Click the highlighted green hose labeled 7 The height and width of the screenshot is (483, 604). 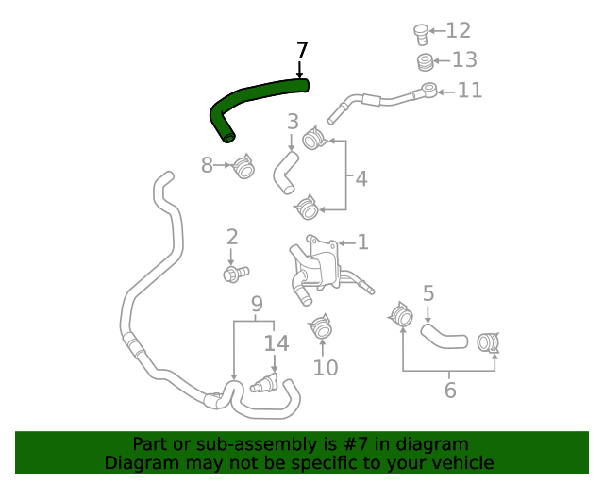[255, 95]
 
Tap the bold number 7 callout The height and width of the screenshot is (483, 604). [301, 50]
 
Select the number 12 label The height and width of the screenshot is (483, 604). [458, 31]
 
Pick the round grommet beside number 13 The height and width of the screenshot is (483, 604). [427, 63]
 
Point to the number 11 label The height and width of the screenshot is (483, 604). [470, 91]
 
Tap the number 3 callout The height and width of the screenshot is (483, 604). [294, 122]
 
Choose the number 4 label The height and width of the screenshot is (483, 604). [361, 178]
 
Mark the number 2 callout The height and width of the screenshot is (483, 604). [231, 238]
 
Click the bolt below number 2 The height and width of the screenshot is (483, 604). [234, 274]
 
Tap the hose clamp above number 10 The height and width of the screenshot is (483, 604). [321, 327]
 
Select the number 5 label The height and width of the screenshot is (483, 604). [428, 293]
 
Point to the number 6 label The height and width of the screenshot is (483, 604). [450, 390]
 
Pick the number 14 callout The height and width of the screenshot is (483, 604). [276, 343]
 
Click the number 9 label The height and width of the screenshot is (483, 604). [256, 304]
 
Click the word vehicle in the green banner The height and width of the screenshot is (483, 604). [461, 462]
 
